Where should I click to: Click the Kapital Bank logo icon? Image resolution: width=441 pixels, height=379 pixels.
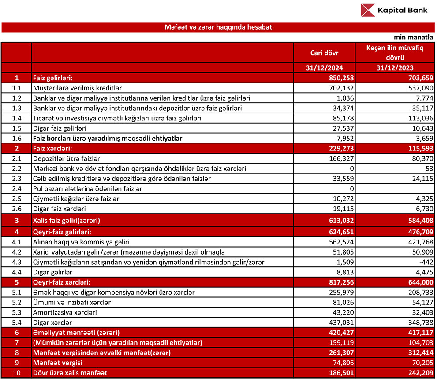tap(367, 10)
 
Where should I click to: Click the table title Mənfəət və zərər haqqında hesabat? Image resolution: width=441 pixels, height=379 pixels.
tap(218, 27)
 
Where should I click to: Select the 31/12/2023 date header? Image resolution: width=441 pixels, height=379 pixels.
tap(395, 68)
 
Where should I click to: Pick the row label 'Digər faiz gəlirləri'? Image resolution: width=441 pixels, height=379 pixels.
tap(60, 128)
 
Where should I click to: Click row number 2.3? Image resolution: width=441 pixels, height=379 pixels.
tap(16, 179)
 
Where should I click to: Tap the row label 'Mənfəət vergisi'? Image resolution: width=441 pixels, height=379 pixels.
tap(58, 363)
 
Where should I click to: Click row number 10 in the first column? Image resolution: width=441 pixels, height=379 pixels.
tap(16, 373)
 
